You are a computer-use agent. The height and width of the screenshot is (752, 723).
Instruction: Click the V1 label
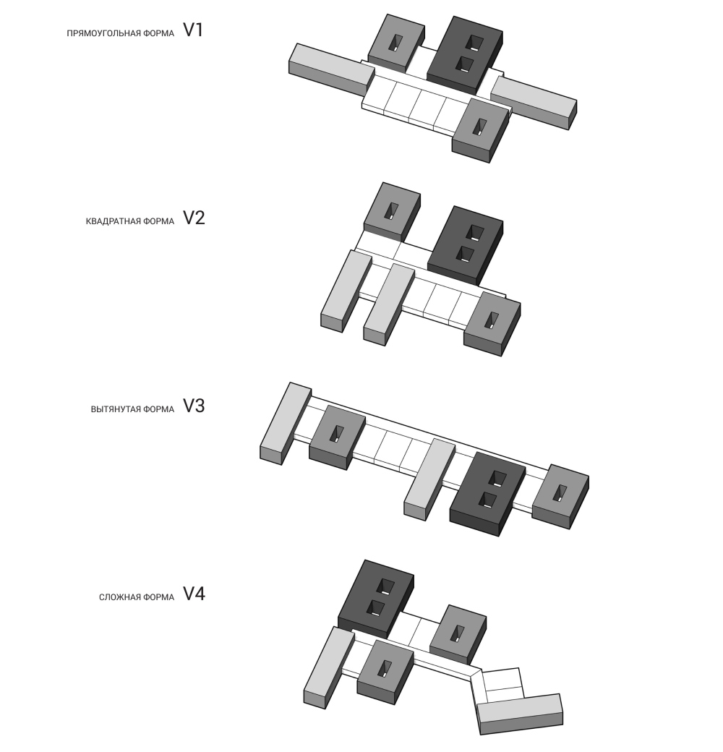click(x=193, y=30)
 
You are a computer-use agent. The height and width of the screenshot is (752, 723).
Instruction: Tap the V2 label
click(x=194, y=218)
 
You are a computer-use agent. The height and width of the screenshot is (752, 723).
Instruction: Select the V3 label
click(x=194, y=406)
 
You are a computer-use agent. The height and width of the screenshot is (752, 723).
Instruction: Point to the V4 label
click(x=194, y=594)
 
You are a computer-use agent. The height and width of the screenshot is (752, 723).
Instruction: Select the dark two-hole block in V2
click(x=465, y=244)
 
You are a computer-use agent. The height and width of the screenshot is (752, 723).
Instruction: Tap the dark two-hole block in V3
click(x=487, y=492)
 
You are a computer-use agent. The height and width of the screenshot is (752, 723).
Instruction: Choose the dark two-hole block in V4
click(x=375, y=597)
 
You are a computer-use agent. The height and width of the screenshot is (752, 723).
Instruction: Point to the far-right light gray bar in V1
click(x=534, y=102)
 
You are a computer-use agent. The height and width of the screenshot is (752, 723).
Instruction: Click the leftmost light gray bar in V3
click(x=286, y=423)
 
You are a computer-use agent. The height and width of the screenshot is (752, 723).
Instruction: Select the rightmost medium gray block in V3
click(x=560, y=496)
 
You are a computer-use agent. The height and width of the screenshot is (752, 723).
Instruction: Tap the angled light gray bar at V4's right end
click(x=520, y=713)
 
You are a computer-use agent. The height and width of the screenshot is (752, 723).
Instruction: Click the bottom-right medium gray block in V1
click(x=480, y=130)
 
